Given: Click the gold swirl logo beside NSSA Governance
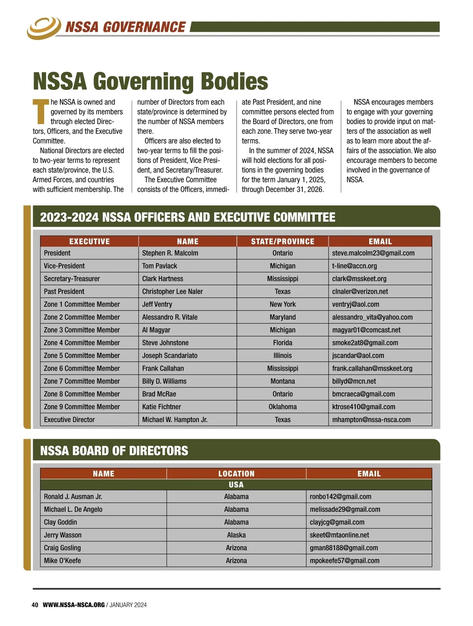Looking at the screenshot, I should coord(44,27).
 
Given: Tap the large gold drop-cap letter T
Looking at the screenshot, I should coord(41,112).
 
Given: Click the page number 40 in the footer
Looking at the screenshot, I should coord(35,605).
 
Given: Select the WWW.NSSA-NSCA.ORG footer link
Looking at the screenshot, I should coord(73,605).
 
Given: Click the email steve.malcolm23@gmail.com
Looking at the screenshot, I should coord(373,253).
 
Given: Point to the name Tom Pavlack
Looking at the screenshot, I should coord(160,266).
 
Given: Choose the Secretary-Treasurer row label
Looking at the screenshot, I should coord(72,279).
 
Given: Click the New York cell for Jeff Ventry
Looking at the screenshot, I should coord(282,304).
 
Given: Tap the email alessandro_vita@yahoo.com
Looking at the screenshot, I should coord(372,317).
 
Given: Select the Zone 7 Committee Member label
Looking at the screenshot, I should coord(82,381).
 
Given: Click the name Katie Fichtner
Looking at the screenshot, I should coord(162,407).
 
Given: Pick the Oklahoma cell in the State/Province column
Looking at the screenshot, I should coord(282,407).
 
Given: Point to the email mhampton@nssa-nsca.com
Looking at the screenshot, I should coord(371,420).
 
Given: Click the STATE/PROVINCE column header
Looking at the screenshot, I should coord(282,241).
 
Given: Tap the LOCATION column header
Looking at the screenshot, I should coord(236,473).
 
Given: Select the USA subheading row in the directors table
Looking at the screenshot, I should coord(236,484).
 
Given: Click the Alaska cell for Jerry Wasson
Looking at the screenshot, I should coord(236,535).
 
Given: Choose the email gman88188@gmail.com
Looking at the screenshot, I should coord(344,548).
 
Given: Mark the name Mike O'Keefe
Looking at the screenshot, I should coord(62,561).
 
